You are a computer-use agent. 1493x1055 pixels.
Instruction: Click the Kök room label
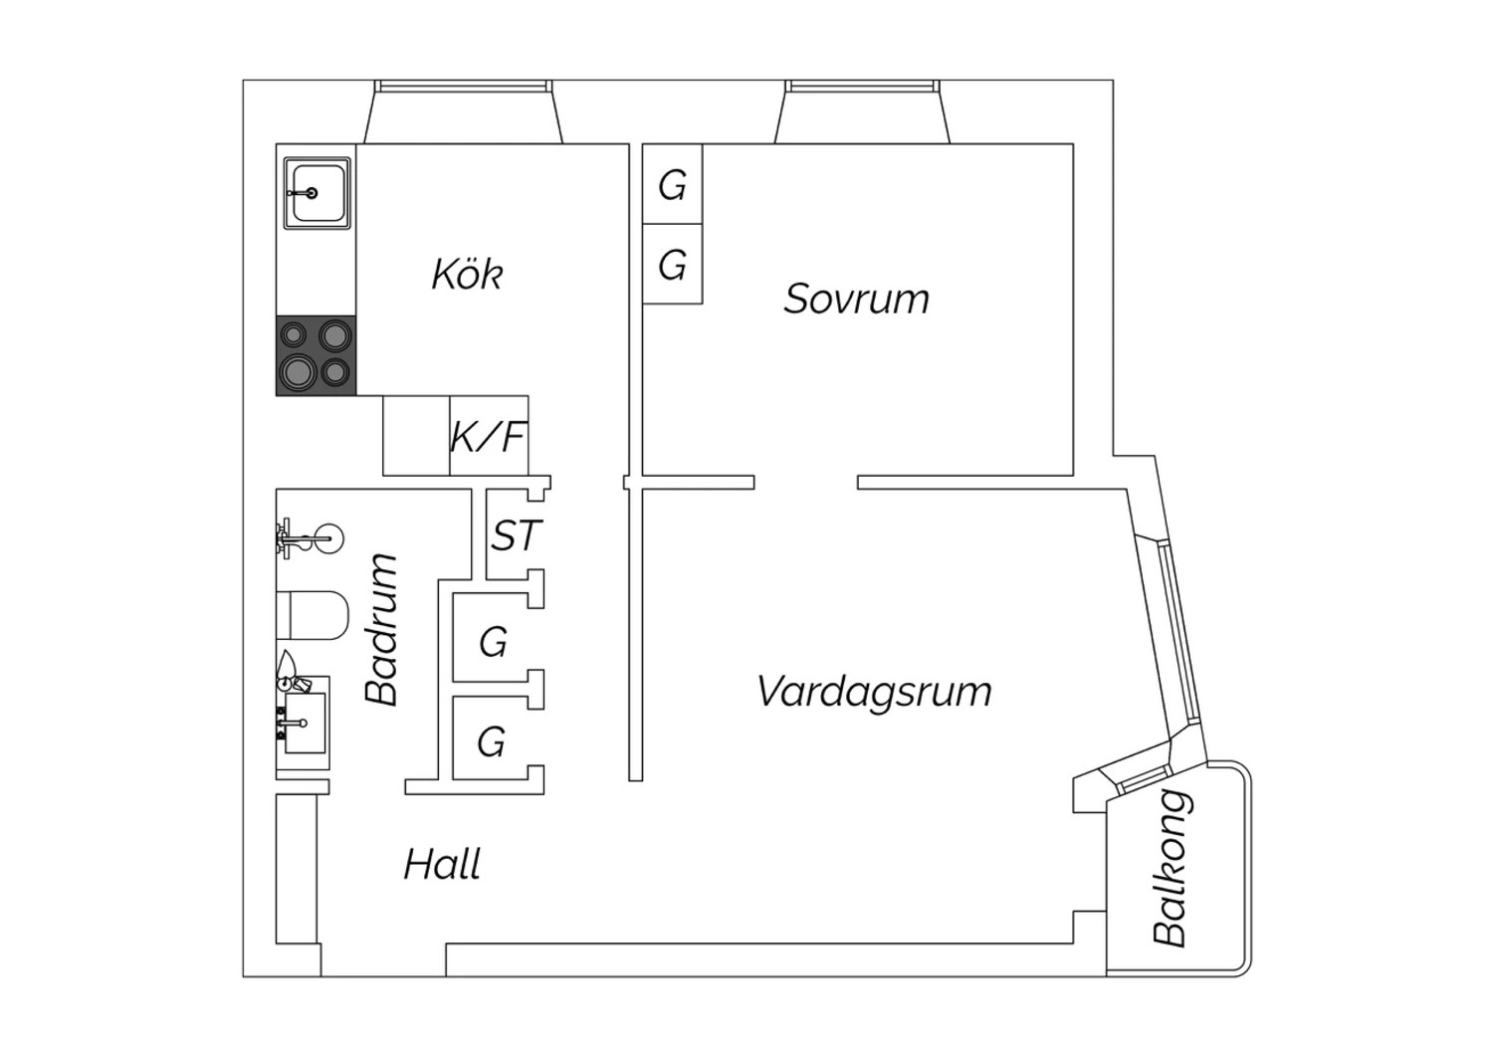467,274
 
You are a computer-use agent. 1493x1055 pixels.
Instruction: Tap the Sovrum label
856,299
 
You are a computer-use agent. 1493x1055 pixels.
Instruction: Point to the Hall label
442,864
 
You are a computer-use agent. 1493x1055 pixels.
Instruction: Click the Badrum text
382,628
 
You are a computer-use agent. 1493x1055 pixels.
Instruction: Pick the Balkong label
1171,868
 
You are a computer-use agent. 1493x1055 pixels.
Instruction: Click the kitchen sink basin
317,193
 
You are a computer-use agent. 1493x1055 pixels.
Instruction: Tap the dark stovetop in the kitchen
316,355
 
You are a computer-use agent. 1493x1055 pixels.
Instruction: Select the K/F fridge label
489,437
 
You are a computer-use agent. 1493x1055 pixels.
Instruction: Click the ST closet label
516,535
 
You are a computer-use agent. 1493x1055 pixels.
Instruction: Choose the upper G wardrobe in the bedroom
673,184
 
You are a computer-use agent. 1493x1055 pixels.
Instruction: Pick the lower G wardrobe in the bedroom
673,264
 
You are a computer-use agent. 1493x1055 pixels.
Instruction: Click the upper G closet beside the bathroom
493,641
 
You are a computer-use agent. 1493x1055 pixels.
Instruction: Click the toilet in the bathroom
313,615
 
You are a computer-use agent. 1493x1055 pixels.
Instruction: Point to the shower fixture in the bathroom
310,537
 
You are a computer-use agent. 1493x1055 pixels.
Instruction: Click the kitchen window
463,87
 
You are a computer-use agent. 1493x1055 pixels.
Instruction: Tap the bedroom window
863,87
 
